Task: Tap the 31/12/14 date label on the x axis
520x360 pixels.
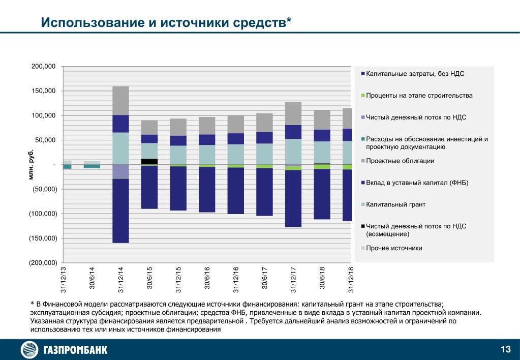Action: tap(120, 280)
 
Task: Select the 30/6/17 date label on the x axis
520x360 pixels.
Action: tap(265, 280)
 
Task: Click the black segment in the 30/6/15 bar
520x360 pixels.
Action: tap(149, 161)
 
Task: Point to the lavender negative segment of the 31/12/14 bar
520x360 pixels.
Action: tap(120, 171)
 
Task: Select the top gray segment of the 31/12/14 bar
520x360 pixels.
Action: tap(120, 101)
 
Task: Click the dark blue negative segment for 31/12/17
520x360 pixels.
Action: tap(293, 198)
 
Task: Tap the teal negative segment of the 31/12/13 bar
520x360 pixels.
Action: tap(67, 166)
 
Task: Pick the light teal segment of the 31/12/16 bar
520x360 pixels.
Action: tap(236, 155)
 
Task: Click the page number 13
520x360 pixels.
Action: tap(505, 349)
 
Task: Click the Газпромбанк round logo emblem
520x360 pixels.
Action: tap(30, 350)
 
